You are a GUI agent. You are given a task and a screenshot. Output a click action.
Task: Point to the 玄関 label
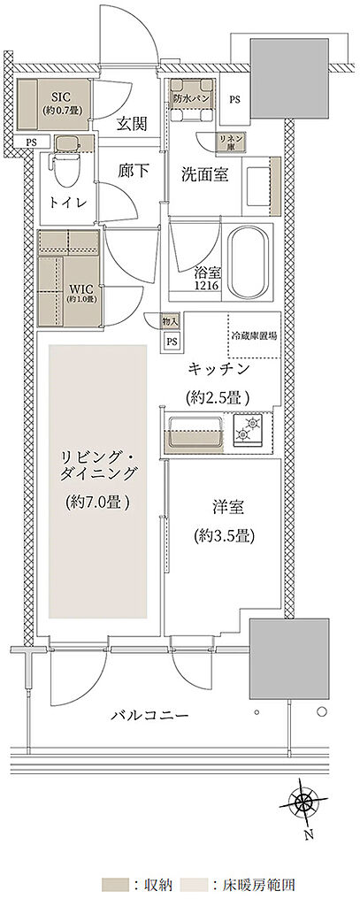pos(133,125)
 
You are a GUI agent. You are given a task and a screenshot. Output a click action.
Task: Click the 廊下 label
pos(133,172)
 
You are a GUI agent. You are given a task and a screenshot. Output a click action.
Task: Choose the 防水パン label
pos(190,96)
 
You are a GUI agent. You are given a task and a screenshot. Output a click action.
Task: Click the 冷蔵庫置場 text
pos(254,336)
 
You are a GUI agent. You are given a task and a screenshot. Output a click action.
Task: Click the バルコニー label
pos(149,715)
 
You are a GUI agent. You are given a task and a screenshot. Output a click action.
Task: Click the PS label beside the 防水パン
pos(234,99)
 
